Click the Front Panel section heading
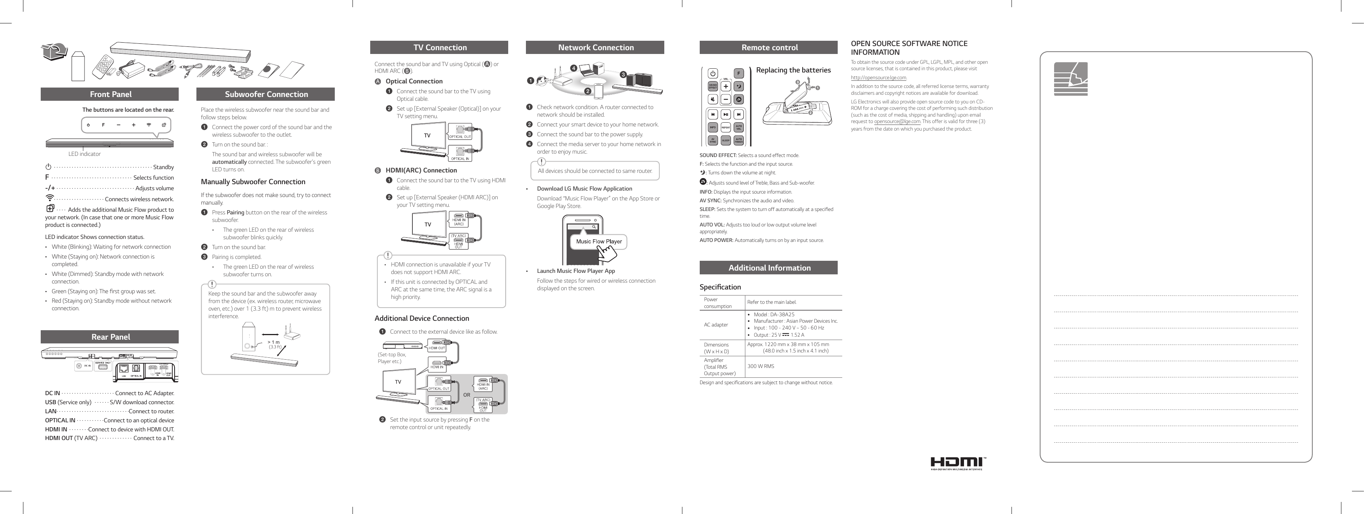point(110,94)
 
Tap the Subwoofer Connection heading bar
point(266,94)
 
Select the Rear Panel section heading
point(110,337)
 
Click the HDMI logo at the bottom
point(958,463)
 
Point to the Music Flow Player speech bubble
point(598,242)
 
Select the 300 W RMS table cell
point(760,366)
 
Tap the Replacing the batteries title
point(793,70)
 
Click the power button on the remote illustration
point(713,74)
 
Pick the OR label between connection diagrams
point(466,395)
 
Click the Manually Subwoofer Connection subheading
point(253,182)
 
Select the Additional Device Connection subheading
point(421,319)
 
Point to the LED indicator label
point(84,154)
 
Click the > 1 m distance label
point(273,342)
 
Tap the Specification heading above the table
point(720,287)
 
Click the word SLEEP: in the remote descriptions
point(707,209)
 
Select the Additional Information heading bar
point(769,268)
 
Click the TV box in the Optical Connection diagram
point(427,135)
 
